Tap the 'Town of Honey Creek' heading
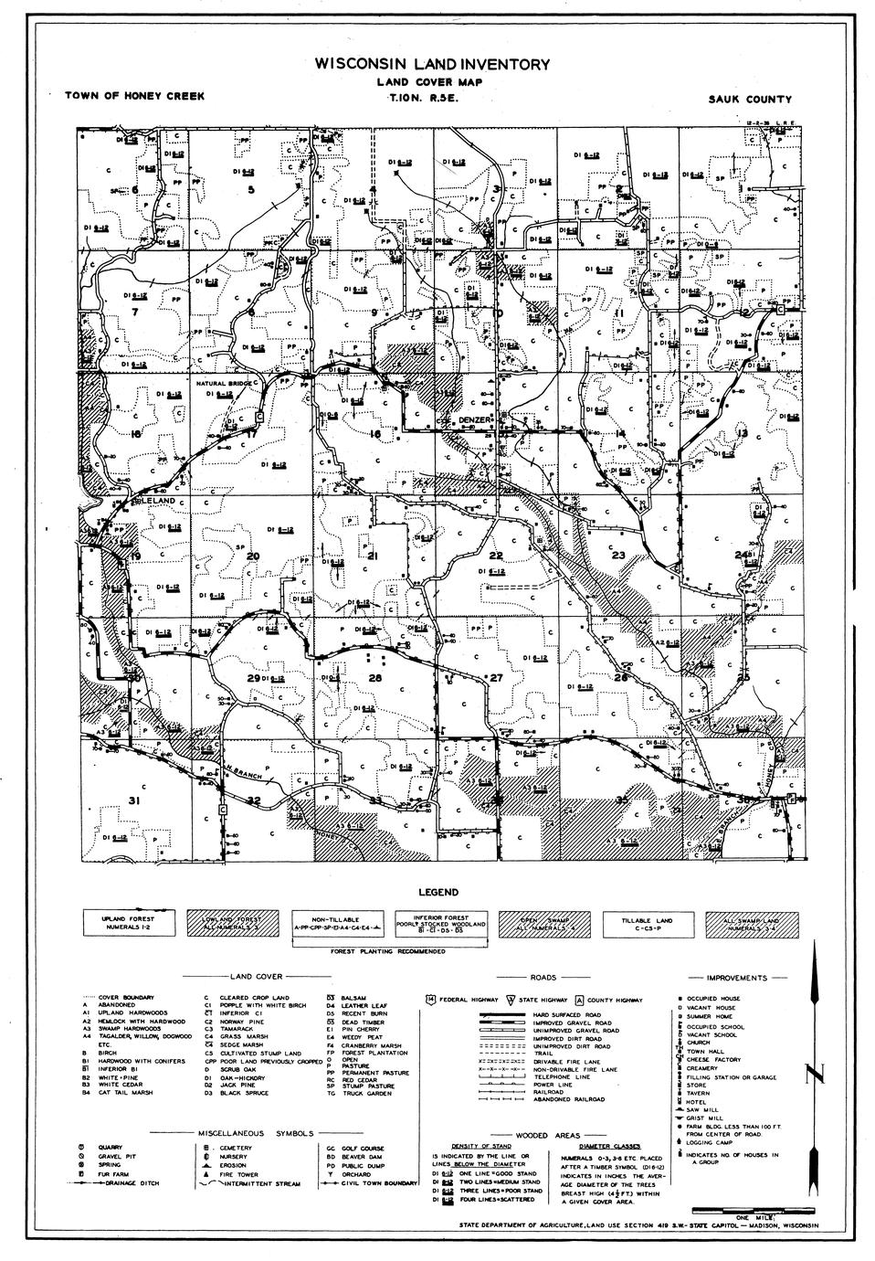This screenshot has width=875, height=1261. pos(135,95)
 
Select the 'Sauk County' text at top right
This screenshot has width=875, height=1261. pos(749,100)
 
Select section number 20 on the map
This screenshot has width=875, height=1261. pos(253,556)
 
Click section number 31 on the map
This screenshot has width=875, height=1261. pos(134,800)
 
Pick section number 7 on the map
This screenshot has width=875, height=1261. pos(135,312)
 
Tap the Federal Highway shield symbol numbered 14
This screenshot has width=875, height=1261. pos(430,1000)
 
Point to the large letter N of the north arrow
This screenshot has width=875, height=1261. pos(816,1075)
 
